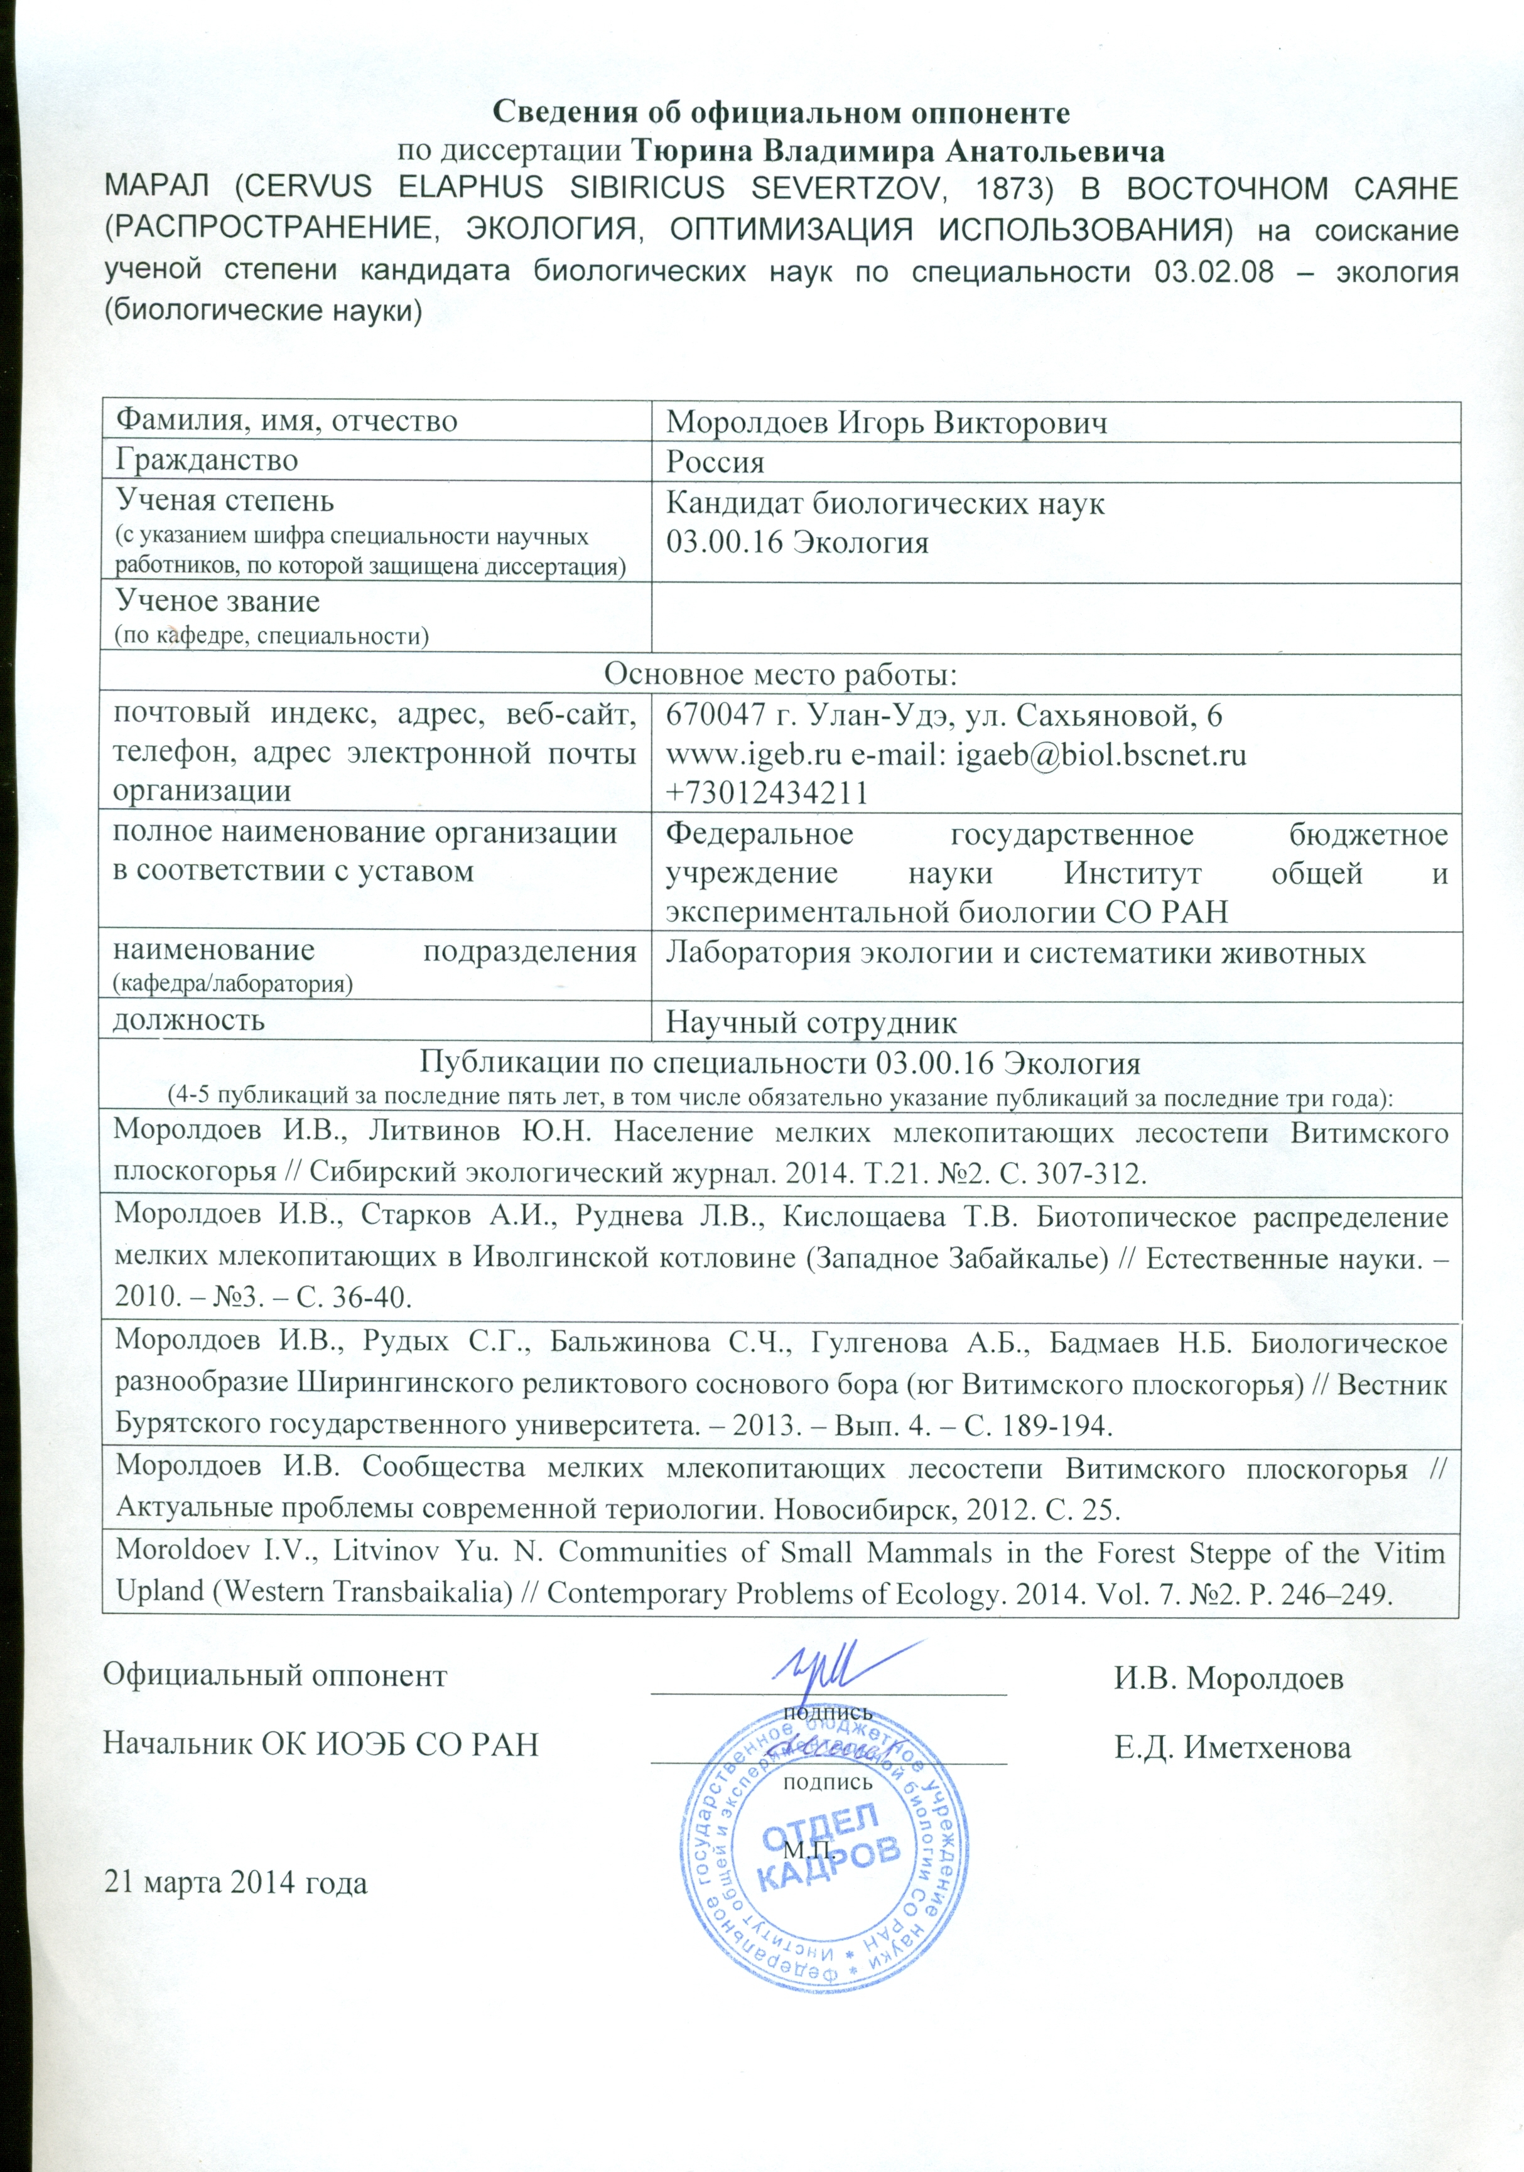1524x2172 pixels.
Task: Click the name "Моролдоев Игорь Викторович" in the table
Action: (887, 423)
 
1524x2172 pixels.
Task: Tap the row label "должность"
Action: (189, 1020)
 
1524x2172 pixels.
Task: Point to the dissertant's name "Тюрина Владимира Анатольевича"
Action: (895, 151)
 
